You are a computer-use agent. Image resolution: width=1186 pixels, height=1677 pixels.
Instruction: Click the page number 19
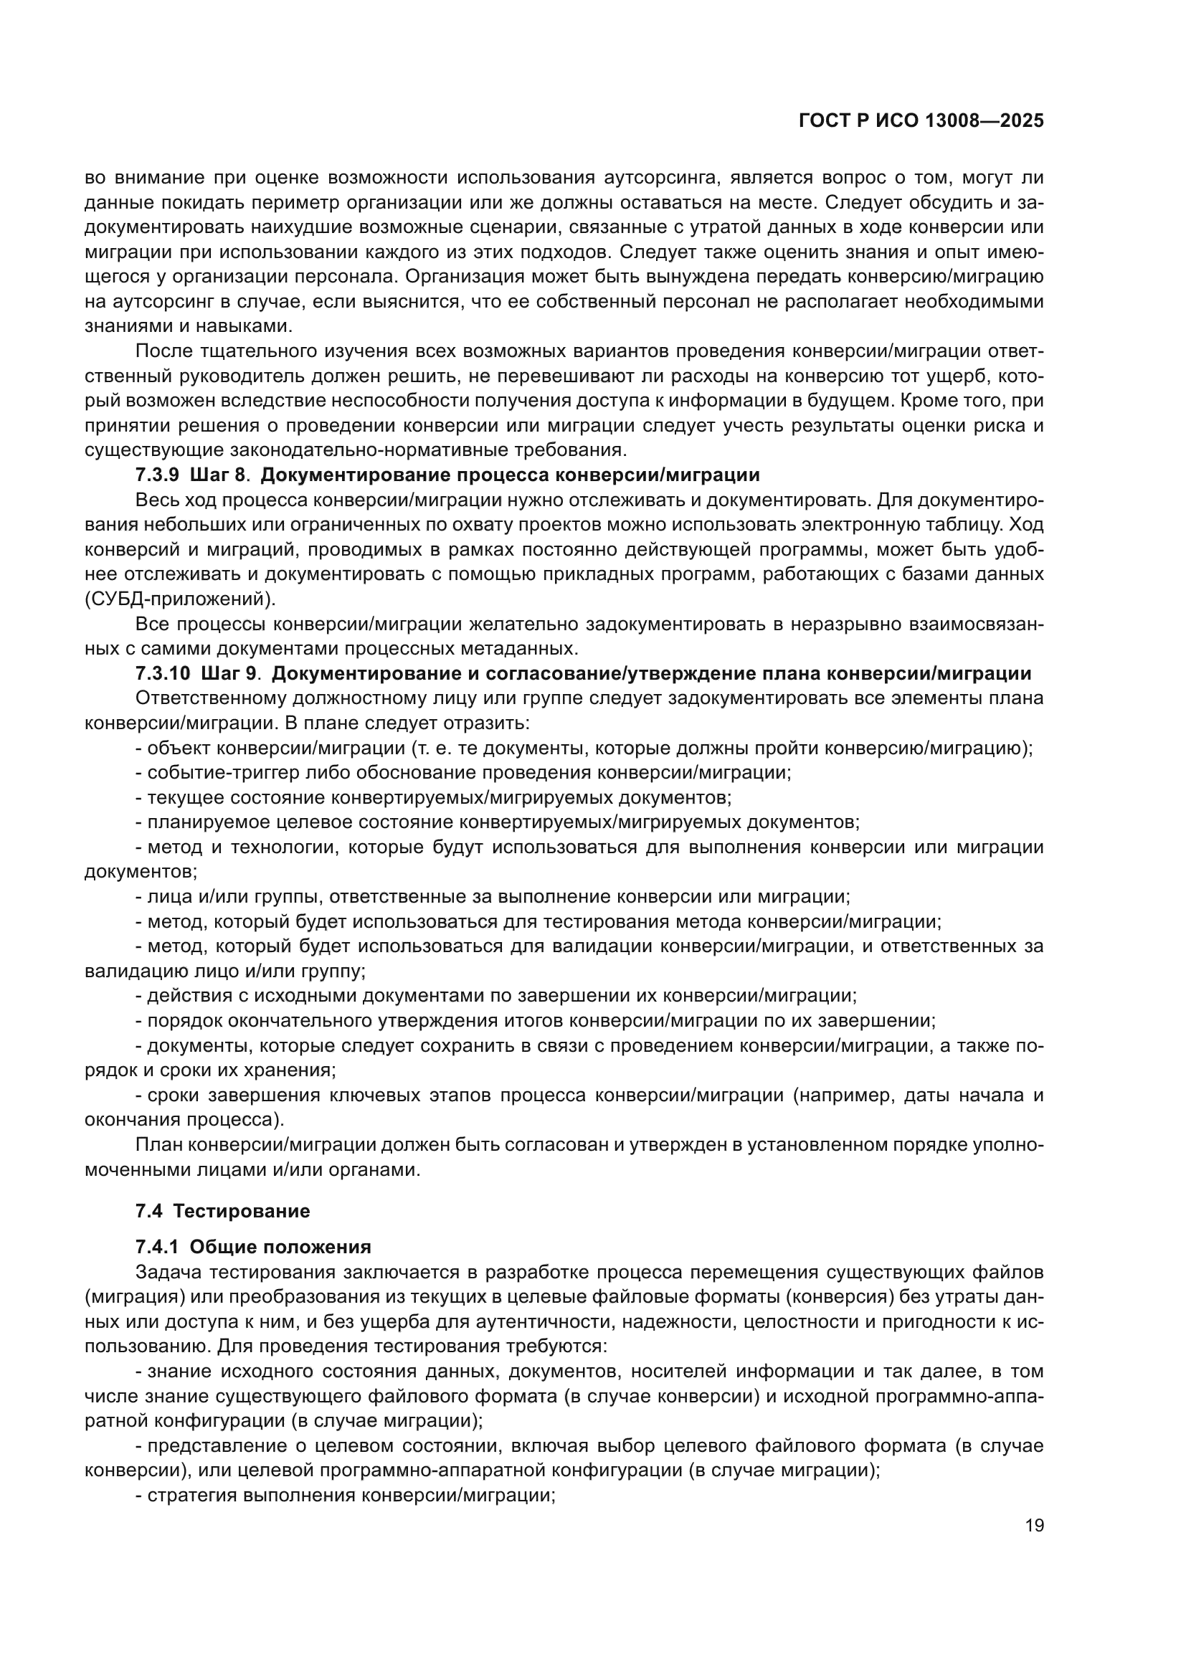(1034, 1526)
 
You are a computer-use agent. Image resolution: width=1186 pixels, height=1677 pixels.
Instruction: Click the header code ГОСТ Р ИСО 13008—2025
(921, 121)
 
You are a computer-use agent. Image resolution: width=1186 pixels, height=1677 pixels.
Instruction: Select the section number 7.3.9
(157, 475)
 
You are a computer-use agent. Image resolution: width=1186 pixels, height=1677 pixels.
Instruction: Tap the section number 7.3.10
(162, 673)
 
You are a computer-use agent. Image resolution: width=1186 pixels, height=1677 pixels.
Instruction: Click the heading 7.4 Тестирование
(223, 1212)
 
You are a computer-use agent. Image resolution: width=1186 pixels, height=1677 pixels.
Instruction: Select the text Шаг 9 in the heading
(228, 673)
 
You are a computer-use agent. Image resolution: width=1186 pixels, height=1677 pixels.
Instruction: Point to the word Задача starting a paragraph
(167, 1273)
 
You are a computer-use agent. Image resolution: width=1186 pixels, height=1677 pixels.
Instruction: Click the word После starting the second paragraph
(163, 351)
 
